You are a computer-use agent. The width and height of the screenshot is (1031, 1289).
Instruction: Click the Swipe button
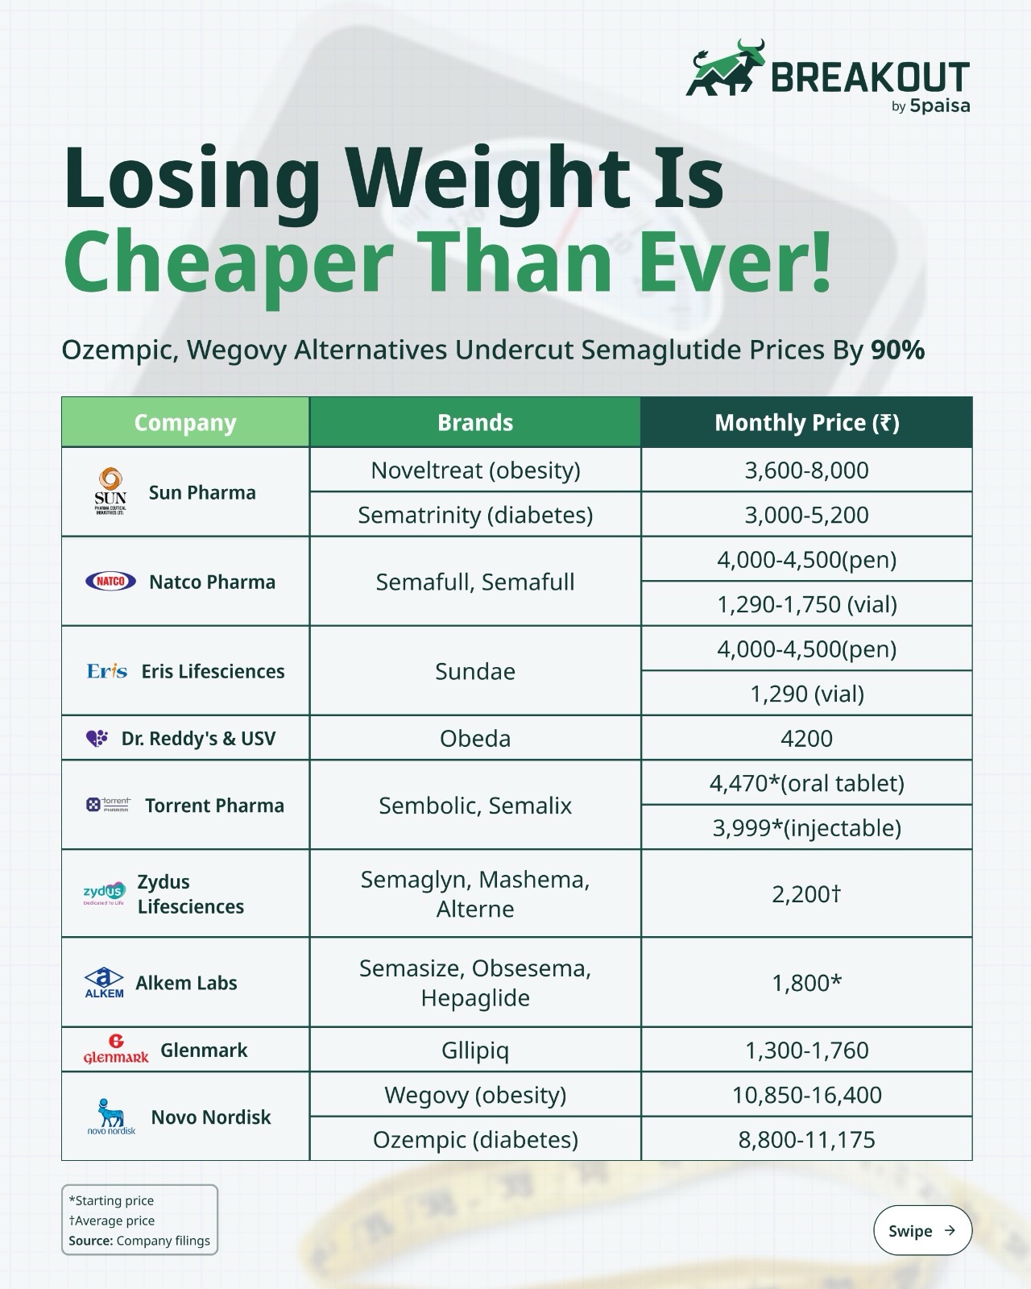pos(922,1230)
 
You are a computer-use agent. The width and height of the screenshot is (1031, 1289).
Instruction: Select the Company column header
pos(185,422)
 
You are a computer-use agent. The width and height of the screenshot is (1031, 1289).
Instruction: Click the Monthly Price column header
pos(806,422)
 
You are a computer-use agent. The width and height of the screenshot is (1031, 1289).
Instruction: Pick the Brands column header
pos(475,422)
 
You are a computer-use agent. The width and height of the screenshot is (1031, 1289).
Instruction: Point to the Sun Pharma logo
pos(111,491)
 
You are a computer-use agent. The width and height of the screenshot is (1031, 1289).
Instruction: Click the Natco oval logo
pos(110,581)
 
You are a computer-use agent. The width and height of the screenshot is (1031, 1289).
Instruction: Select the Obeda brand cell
pos(475,738)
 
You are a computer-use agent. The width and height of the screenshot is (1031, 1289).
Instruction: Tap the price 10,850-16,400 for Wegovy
pos(806,1095)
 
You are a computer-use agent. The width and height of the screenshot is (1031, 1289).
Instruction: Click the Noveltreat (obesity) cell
pos(475,470)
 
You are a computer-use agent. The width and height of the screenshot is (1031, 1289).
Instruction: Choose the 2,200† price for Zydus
pos(806,893)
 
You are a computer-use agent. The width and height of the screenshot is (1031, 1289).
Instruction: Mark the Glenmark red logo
pos(116,1050)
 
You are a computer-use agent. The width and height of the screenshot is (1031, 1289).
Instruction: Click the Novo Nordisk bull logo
pos(111,1117)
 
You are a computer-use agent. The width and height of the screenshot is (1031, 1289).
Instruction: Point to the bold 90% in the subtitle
pos(897,350)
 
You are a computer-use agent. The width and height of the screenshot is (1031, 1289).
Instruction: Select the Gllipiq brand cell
pos(475,1050)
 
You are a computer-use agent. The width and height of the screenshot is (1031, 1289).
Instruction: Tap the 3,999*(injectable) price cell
pos(806,827)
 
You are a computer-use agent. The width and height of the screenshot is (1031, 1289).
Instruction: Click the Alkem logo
pos(104,982)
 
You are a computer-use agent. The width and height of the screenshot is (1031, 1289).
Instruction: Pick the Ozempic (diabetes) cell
pos(475,1139)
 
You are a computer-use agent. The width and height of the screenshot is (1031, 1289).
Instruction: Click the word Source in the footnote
pos(90,1240)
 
